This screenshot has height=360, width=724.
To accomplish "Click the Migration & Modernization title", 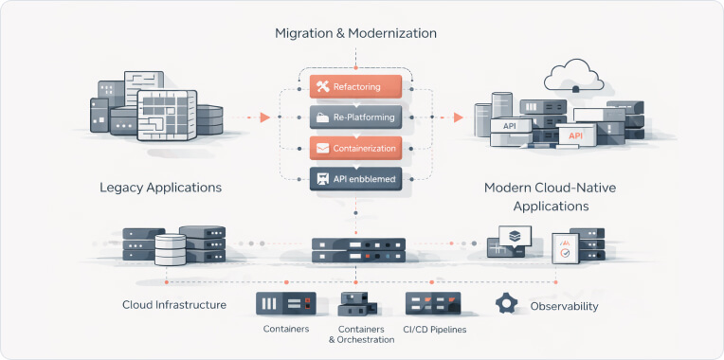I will pyautogui.click(x=355, y=33).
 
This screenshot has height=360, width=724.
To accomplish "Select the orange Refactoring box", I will pyautogui.click(x=355, y=87).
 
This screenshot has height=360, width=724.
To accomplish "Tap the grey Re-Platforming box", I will pyautogui.click(x=355, y=117).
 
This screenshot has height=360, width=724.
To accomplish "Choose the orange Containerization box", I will pyautogui.click(x=355, y=148).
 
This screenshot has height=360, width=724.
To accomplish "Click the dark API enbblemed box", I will pyautogui.click(x=355, y=178).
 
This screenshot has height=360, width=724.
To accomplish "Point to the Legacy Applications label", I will pyautogui.click(x=160, y=188).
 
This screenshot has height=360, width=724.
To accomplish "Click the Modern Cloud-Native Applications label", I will pyautogui.click(x=550, y=196).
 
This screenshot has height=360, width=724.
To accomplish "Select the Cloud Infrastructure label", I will pyautogui.click(x=174, y=305).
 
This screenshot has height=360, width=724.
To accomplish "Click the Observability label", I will pyautogui.click(x=564, y=306).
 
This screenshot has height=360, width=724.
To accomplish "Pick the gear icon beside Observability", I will pyautogui.click(x=508, y=304).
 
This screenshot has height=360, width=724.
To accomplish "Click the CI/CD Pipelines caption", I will pyautogui.click(x=435, y=330).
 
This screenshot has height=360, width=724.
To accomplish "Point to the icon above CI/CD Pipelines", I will pyautogui.click(x=433, y=303).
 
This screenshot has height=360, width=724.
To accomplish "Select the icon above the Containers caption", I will pyautogui.click(x=285, y=303).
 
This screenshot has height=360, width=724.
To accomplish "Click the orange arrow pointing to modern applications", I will pyautogui.click(x=458, y=117).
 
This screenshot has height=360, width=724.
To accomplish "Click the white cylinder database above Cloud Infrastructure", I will pyautogui.click(x=171, y=250).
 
